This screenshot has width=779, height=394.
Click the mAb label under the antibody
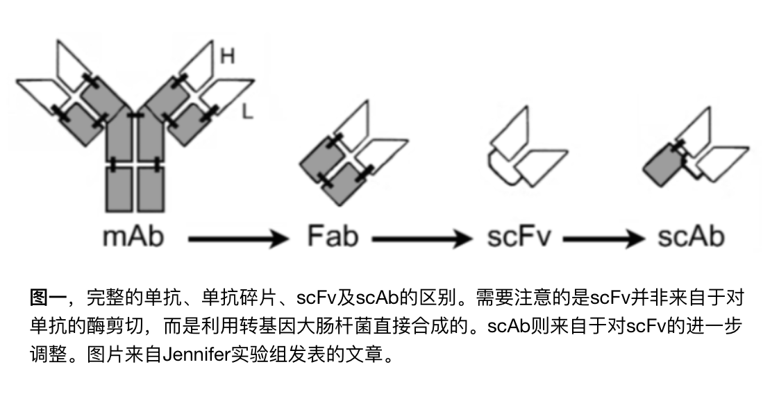133,238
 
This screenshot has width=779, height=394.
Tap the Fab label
333,237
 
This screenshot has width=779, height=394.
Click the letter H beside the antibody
227,57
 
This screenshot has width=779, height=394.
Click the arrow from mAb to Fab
237,240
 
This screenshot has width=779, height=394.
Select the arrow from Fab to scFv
421,240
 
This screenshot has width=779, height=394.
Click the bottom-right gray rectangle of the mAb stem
152,189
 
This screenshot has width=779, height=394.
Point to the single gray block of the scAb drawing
660,165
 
